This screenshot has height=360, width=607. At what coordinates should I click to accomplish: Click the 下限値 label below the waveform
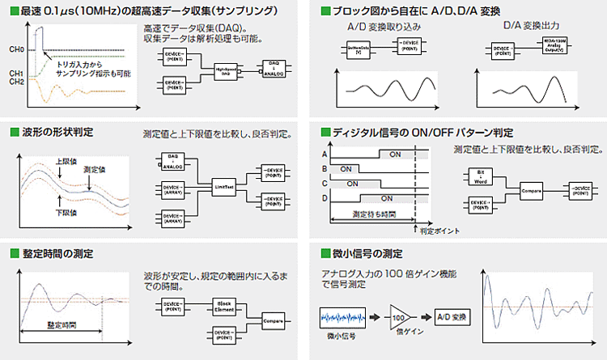[66, 212]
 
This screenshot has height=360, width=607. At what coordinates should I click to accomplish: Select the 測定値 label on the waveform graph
[95, 170]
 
